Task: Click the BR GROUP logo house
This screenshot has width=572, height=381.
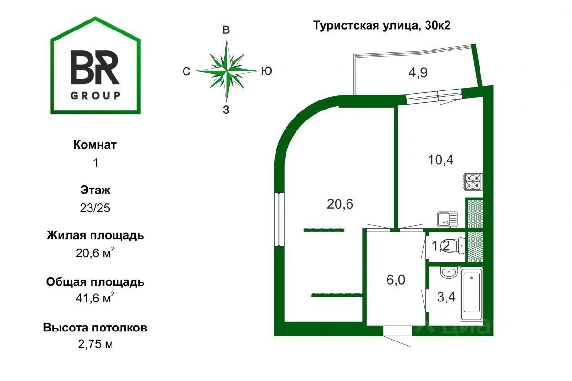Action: [95, 67]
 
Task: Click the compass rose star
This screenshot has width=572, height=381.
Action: [227, 71]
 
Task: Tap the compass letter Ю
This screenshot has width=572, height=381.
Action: [266, 71]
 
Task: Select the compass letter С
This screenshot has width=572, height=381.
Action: [186, 71]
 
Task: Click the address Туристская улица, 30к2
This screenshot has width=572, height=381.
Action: [381, 26]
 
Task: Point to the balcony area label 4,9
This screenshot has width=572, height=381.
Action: [417, 73]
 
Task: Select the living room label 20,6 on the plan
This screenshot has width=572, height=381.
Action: [340, 204]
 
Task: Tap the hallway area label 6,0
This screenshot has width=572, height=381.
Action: [396, 280]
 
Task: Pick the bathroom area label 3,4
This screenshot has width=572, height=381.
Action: [446, 298]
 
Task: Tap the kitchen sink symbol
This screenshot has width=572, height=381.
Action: [447, 219]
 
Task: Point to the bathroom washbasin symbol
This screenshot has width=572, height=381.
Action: [448, 273]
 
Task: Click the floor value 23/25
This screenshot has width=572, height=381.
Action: [95, 208]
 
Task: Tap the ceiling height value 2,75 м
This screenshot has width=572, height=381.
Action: [95, 344]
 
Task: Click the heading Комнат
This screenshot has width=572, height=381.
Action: [95, 145]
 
